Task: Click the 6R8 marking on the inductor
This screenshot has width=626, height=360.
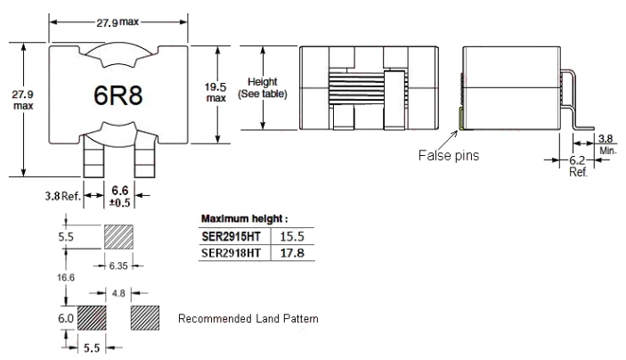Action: tap(118, 96)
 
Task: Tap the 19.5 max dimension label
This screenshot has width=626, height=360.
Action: tap(215, 93)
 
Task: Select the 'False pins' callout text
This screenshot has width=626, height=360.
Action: tap(449, 155)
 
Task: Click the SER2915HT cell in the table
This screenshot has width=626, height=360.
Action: tap(232, 236)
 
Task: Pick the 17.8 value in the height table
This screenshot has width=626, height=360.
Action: tap(292, 253)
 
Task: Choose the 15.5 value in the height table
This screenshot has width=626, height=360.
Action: tap(292, 236)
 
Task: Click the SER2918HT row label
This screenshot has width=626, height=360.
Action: tap(232, 253)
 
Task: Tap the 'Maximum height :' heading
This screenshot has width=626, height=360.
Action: tap(244, 219)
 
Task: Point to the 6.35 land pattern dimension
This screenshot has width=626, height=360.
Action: tap(118, 266)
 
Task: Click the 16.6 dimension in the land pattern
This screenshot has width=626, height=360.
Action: tap(66, 277)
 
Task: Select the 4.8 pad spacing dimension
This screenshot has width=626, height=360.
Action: tap(118, 294)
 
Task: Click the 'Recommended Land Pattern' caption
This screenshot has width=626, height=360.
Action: tap(248, 318)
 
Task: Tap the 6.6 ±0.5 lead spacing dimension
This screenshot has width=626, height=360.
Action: tap(120, 196)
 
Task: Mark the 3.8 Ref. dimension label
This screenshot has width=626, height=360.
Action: tap(62, 196)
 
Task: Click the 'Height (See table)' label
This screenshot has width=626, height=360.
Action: tap(263, 88)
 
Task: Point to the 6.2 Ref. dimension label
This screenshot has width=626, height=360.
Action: tap(578, 167)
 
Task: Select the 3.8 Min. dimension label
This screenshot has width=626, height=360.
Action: tap(606, 144)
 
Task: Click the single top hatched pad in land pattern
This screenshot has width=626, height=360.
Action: tap(118, 237)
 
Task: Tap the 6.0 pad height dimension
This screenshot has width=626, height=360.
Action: tap(66, 318)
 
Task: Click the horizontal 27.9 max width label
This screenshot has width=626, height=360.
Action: tap(118, 22)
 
